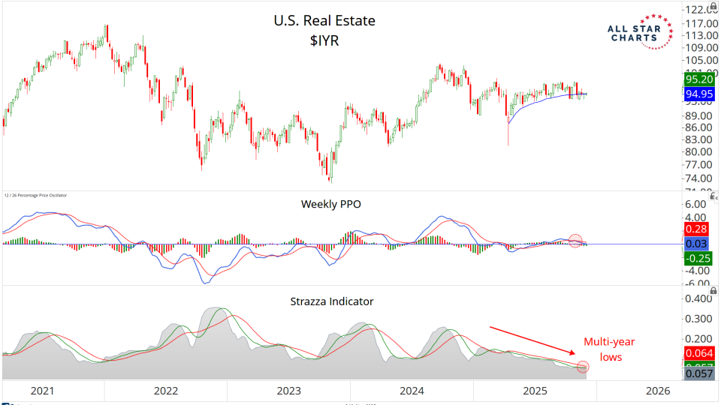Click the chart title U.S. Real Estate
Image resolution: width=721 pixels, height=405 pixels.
324,21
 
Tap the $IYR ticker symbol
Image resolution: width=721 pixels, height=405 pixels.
325,41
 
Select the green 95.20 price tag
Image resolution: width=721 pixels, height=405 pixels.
699,79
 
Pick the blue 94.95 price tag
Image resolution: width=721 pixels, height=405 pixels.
699,94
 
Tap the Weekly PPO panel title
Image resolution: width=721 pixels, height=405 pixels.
331,203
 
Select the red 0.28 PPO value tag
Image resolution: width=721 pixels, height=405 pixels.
698,228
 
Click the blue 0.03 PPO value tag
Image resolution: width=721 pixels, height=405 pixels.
698,243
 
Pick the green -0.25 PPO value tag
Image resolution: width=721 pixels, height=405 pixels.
698,257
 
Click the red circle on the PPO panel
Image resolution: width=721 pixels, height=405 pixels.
576,241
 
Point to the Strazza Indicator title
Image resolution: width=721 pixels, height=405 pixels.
331,301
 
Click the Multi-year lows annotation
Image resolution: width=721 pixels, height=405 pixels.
610,349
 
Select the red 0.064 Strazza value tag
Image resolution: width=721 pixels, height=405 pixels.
700,353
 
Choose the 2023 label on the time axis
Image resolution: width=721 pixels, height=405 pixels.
289,391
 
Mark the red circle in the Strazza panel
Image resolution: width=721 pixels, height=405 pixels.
583,367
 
